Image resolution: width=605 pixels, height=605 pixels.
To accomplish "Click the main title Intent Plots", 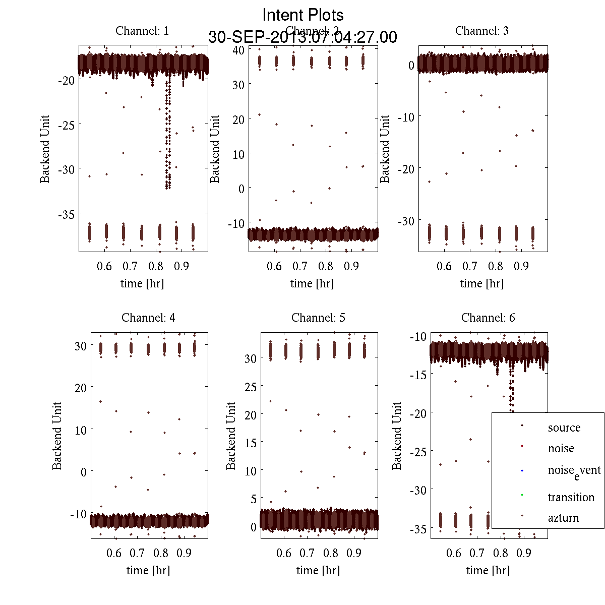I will [303, 15].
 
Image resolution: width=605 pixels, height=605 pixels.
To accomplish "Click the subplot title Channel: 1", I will [142, 31].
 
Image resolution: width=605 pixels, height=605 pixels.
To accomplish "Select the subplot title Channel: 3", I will [481, 31].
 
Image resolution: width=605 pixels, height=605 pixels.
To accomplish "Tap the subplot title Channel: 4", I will [148, 318].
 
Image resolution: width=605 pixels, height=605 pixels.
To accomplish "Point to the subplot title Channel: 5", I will [318, 318].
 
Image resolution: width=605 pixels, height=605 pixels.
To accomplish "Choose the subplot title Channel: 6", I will [488, 318].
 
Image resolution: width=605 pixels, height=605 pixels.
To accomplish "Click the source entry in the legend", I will [564, 428].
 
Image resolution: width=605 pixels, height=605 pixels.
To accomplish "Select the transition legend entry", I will [571, 497].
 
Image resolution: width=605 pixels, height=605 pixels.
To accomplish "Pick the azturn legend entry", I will [563, 518].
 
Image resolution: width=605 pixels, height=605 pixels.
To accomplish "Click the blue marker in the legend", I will [522, 471].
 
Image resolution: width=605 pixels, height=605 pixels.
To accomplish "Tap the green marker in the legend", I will [522, 495].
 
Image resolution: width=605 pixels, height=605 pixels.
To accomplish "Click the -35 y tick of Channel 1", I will [67, 214].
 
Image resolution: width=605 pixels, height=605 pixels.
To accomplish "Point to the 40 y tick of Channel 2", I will [238, 50].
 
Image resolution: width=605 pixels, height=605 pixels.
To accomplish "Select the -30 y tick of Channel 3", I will [406, 221].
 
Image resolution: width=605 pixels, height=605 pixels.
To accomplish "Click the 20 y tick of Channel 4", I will [80, 388].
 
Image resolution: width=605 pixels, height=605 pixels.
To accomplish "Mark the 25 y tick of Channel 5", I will [250, 387].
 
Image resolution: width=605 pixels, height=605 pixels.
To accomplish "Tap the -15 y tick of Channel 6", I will [419, 374].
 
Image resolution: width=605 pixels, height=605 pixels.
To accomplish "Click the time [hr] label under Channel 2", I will [312, 283].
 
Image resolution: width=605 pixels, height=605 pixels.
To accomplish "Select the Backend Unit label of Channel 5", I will [231, 436].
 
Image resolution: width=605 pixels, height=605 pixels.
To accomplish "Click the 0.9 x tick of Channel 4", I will [184, 553].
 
